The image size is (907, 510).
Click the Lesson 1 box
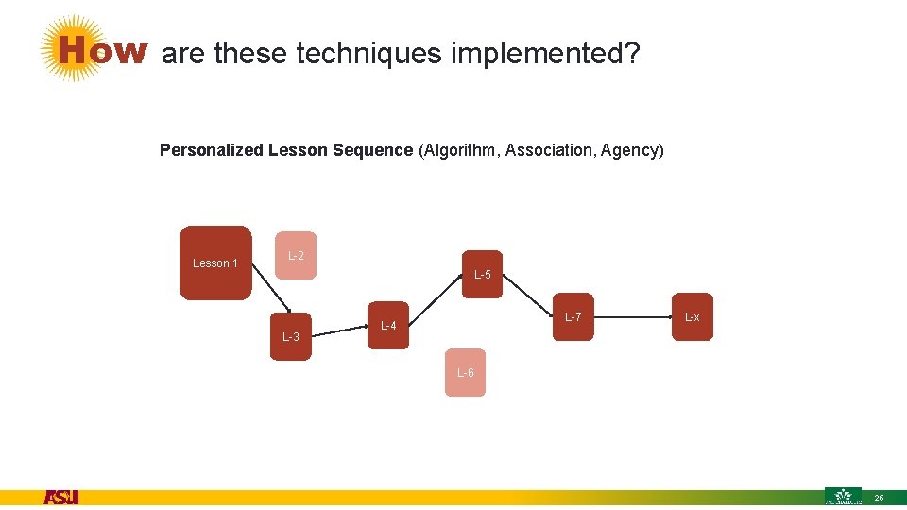(215, 263)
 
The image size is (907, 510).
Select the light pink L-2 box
(296, 255)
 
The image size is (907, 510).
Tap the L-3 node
(291, 336)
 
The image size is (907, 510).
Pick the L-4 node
(388, 326)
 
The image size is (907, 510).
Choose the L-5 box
(483, 275)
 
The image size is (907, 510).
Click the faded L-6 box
(465, 372)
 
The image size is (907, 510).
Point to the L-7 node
(573, 316)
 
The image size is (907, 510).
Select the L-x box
(693, 316)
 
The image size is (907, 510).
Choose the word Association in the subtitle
(545, 150)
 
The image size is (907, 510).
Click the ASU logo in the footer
(61, 497)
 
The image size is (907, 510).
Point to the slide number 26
(879, 497)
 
